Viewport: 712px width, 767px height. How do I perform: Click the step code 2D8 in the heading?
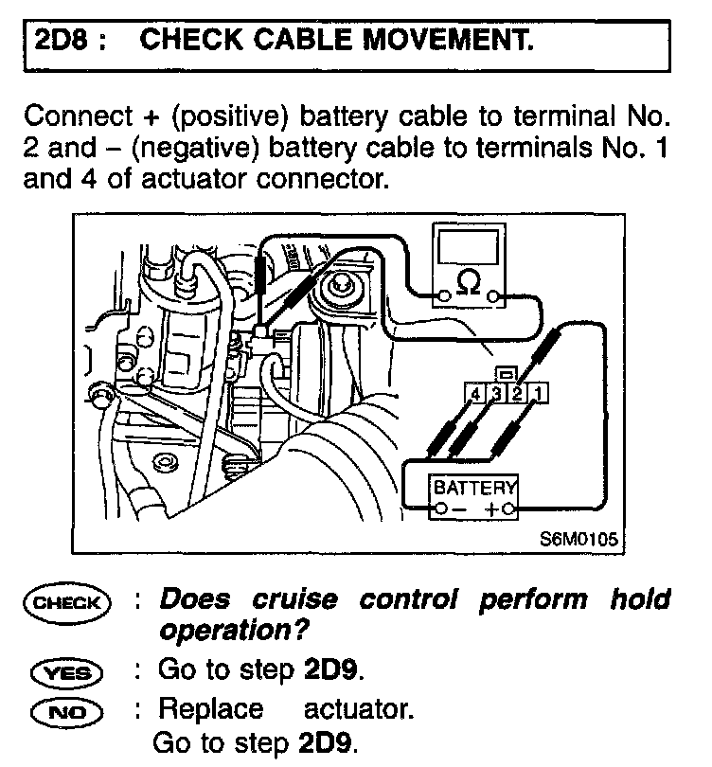tap(62, 42)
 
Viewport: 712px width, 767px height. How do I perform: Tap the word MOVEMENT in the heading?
tap(445, 42)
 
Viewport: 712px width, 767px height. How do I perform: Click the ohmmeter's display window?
tap(467, 249)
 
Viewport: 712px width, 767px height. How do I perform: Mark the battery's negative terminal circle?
tap(438, 510)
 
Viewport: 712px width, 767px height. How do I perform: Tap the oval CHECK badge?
tap(71, 600)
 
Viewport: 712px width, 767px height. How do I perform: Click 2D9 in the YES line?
tap(331, 670)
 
